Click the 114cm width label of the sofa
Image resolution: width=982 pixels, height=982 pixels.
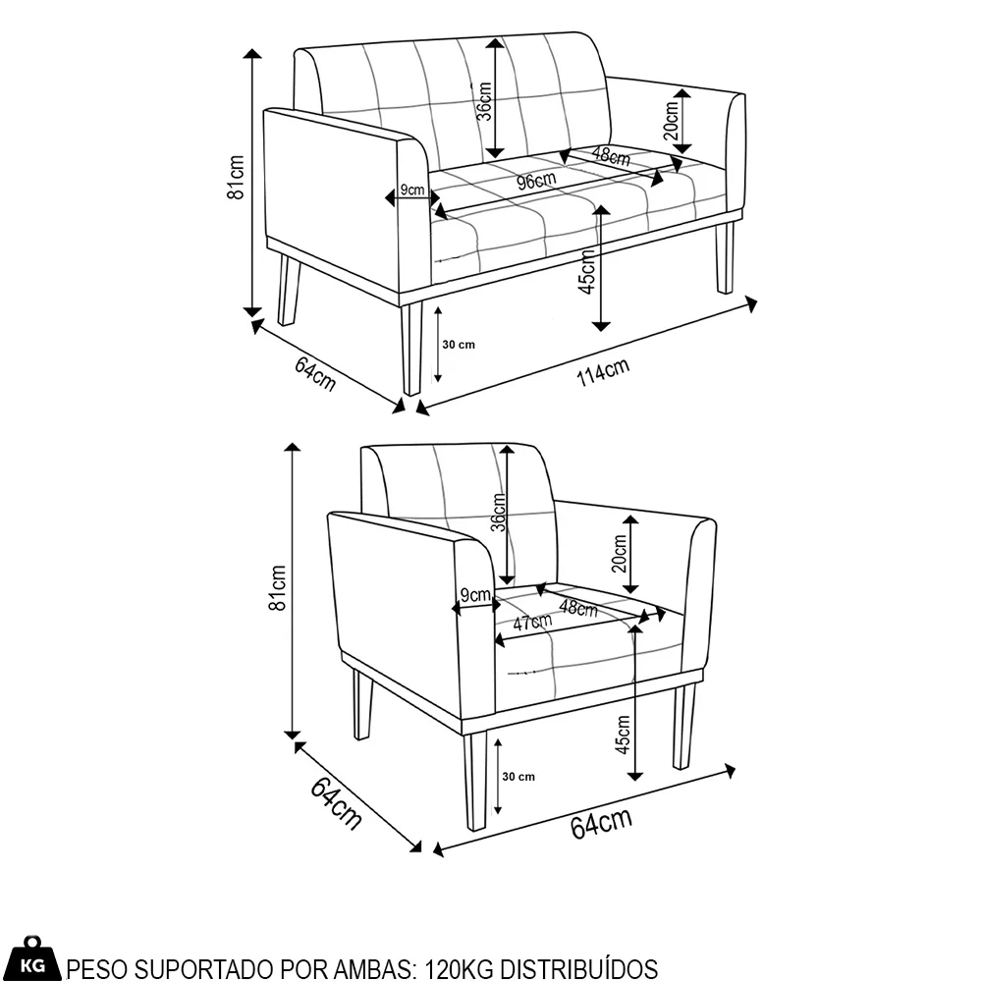603,372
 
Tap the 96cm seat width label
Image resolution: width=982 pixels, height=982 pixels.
537,181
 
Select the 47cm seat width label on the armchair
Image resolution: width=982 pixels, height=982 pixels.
533,623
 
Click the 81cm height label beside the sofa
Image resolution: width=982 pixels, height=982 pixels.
236,177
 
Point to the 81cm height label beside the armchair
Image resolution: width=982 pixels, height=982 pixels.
277,587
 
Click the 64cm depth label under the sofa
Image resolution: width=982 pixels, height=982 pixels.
315,373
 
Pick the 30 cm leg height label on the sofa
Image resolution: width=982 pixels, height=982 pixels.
459,345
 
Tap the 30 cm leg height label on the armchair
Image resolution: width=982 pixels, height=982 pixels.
518,777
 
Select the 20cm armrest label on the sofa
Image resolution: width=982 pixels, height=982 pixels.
671,121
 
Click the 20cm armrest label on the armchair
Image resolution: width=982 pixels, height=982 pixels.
619,553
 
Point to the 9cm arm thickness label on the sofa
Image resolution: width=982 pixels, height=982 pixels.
412,190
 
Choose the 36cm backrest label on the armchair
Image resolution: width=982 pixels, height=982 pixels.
499,513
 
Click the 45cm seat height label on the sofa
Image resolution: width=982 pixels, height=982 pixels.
587,272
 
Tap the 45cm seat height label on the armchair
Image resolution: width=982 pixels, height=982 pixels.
624,735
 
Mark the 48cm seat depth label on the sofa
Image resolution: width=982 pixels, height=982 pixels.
611,156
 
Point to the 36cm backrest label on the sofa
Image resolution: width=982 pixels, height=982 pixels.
484,101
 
